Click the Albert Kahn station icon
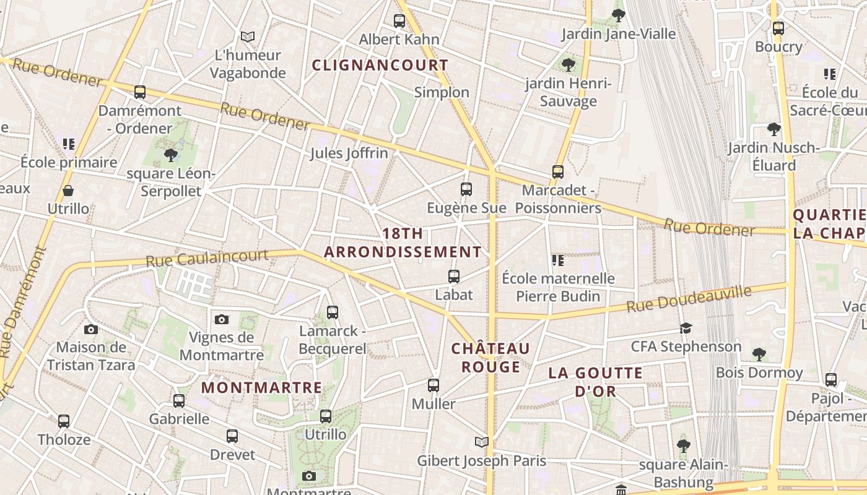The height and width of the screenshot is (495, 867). click(399, 21)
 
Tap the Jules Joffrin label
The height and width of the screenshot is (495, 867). click(349, 153)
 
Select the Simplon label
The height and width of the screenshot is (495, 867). click(442, 92)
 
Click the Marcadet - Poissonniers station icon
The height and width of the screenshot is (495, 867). click(558, 172)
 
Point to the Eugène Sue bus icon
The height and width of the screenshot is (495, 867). click(466, 189)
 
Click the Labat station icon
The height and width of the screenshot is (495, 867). click(454, 277)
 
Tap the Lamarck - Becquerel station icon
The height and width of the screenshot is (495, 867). click(333, 312)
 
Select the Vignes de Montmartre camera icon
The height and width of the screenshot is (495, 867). click(222, 319)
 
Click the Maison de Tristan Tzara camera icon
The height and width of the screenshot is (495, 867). click(91, 329)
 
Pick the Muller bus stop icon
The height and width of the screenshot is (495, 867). click(434, 385)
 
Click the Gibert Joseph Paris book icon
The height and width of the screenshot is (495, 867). click(482, 442)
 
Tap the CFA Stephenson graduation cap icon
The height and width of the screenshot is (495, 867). click(686, 328)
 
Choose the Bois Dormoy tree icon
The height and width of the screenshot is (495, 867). click(759, 355)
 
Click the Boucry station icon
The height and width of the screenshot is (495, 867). click(778, 28)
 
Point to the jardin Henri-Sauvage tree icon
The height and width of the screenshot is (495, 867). click(568, 64)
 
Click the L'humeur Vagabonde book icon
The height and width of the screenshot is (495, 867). click(248, 37)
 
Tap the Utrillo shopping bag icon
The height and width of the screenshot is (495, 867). click(68, 191)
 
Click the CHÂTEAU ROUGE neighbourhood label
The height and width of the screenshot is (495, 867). click(490, 358)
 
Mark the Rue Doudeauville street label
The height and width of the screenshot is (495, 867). click(689, 299)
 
